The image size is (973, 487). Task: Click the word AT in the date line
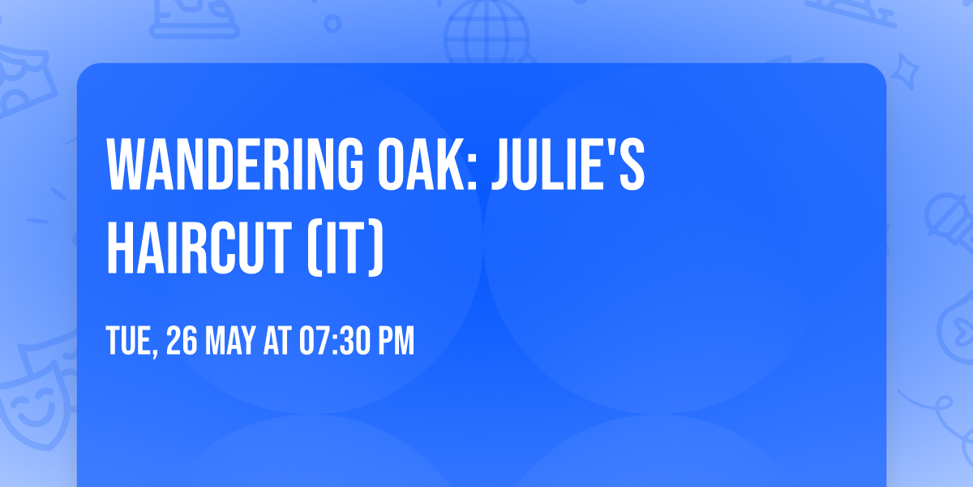coord(278,343)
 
